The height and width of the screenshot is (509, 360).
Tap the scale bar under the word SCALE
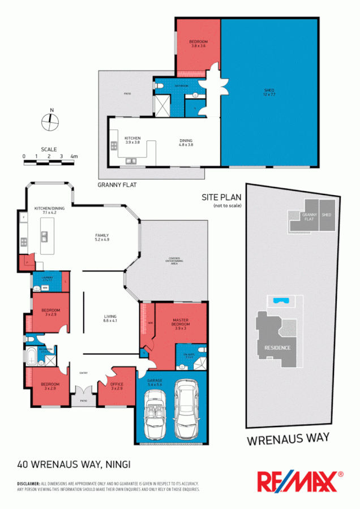(x=50, y=163)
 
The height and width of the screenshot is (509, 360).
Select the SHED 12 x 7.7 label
(x=269, y=92)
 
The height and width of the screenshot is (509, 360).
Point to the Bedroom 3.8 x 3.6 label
(x=198, y=44)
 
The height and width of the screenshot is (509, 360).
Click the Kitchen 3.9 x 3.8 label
(x=132, y=140)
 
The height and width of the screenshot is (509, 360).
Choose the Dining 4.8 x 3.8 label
(x=186, y=143)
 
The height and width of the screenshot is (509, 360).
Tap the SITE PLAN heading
(x=222, y=197)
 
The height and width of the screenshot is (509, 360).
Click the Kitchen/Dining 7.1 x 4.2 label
(x=46, y=210)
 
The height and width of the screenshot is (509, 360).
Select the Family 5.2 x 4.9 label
(x=102, y=238)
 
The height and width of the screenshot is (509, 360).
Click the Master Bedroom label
(x=180, y=324)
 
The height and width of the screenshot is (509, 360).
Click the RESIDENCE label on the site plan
(x=277, y=347)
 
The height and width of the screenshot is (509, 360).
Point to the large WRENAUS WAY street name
(x=288, y=439)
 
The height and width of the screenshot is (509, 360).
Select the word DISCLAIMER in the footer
(x=28, y=484)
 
